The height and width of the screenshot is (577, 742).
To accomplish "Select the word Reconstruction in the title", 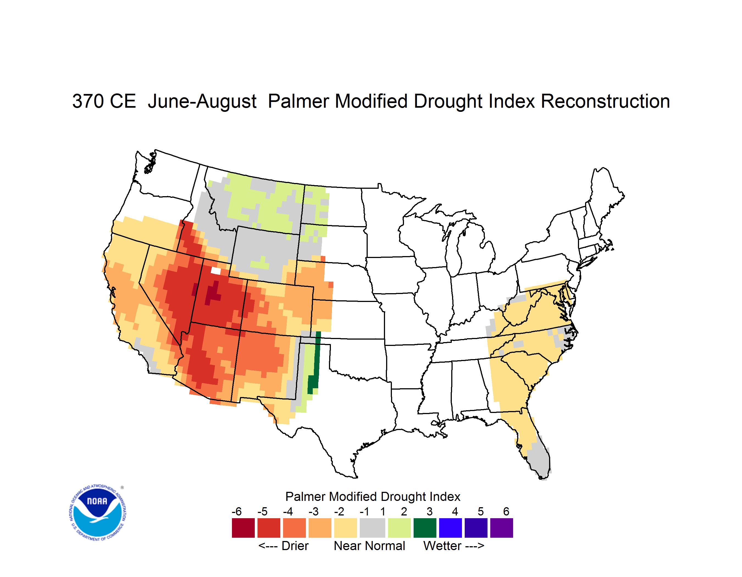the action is (605, 101).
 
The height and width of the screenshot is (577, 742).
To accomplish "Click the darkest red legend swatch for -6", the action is (243, 528).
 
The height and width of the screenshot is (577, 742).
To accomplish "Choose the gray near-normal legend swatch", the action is (372, 528).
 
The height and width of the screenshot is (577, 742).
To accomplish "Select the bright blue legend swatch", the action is (450, 528).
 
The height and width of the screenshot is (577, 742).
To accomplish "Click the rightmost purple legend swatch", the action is (502, 528).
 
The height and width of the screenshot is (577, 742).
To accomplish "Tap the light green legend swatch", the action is (399, 528).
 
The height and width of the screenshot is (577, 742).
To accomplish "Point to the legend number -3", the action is (314, 511).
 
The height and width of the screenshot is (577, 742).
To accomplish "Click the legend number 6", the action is (506, 511).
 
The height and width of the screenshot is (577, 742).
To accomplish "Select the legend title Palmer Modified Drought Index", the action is (373, 496).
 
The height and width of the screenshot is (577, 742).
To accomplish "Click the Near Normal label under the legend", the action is (370, 546).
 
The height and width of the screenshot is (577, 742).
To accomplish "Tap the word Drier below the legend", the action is (295, 546).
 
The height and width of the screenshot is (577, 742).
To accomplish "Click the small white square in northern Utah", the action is (216, 271).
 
